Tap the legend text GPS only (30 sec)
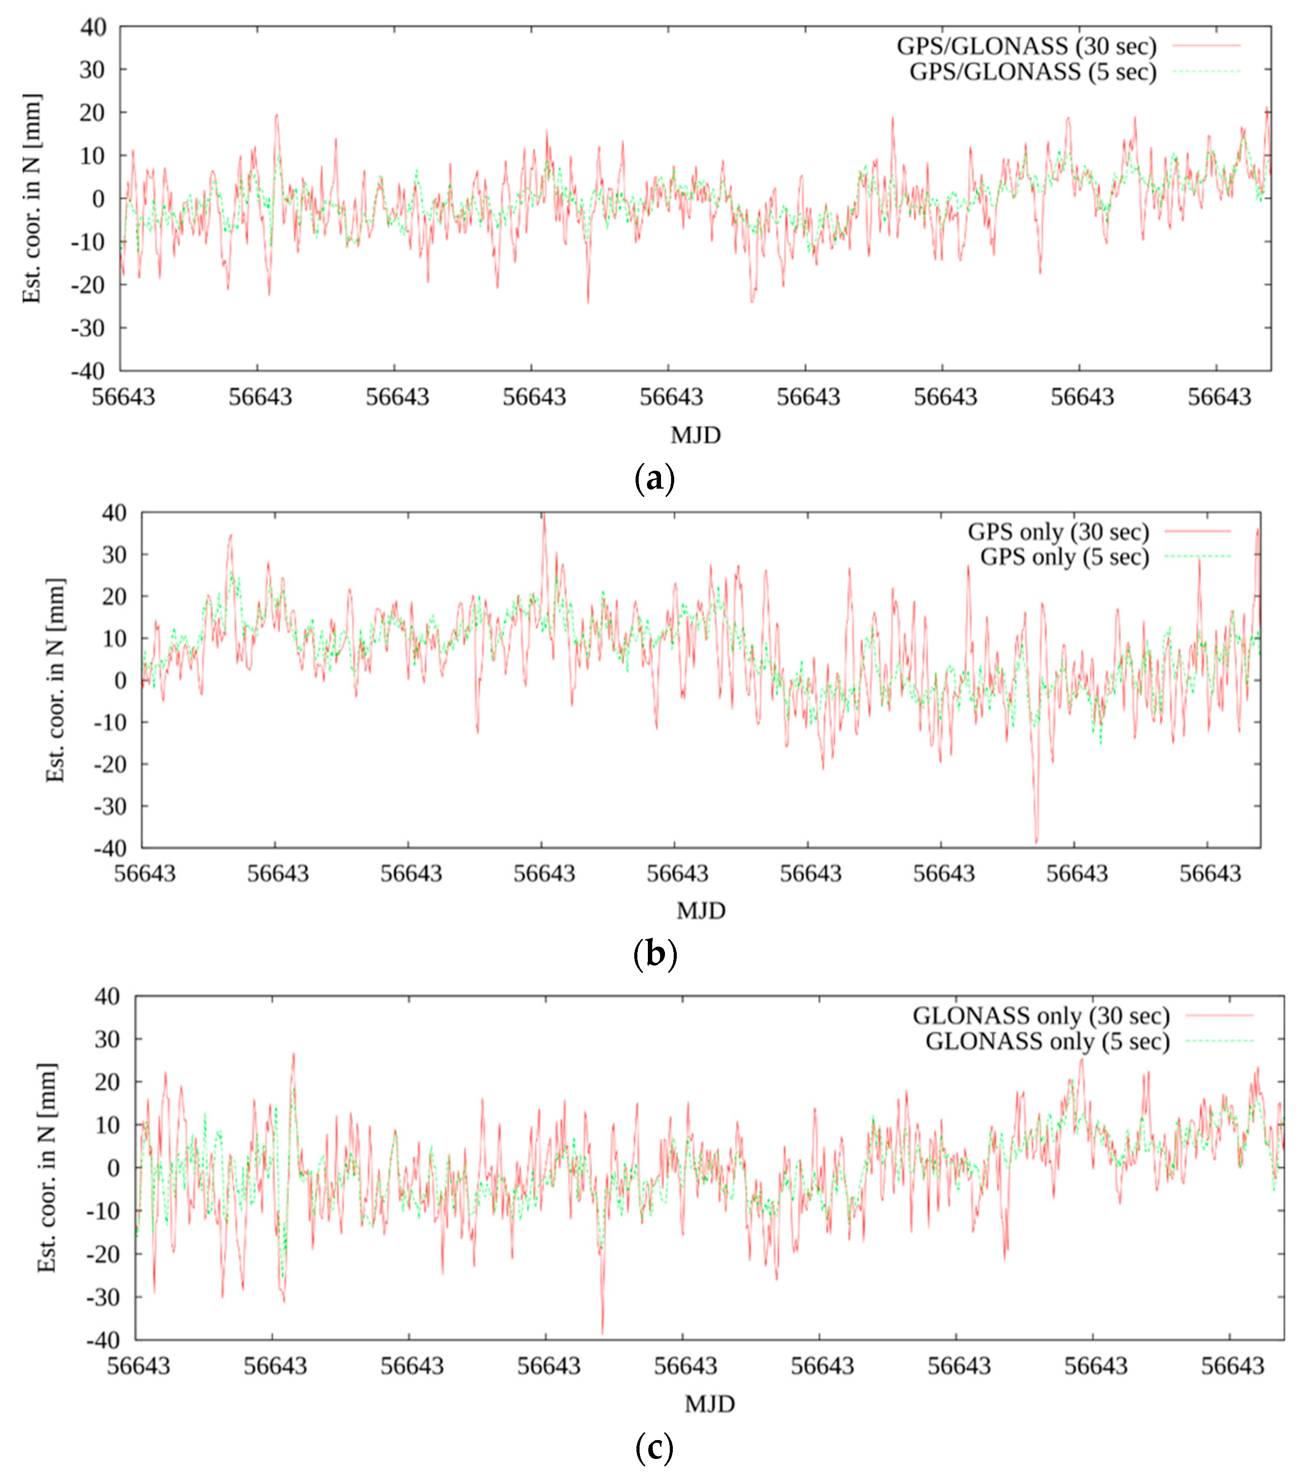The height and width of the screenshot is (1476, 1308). [x=1058, y=532]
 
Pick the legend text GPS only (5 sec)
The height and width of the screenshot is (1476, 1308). [x=1064, y=557]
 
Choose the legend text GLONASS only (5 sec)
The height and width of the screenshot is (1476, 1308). [x=1047, y=1041]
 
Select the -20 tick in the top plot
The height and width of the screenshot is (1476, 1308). [x=88, y=285]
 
